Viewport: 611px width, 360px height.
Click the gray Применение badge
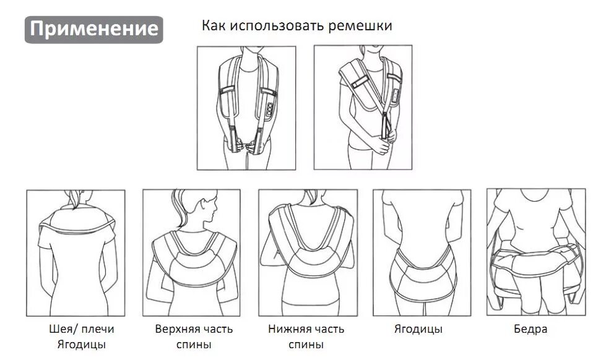tap(93, 29)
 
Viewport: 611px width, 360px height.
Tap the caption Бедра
tap(531, 329)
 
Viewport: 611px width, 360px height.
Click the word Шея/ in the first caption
tap(61, 329)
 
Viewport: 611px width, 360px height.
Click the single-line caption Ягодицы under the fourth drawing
tap(418, 329)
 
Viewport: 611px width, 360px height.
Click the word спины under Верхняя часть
tap(194, 345)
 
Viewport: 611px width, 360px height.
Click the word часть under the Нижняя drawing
tap(330, 329)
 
